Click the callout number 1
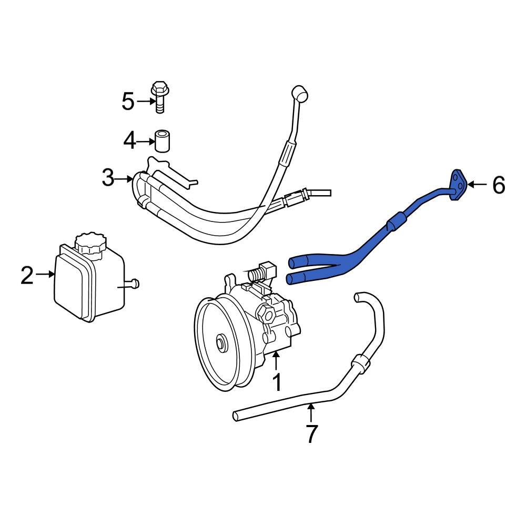tap(277, 382)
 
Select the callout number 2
tap(27, 275)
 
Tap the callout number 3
tap(108, 179)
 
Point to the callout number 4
tap(129, 140)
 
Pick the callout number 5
tap(128, 101)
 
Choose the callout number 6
tap(498, 185)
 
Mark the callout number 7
tap(311, 434)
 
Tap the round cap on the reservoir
tap(90, 244)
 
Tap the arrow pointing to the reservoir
tap(46, 274)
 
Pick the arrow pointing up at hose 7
tap(311, 412)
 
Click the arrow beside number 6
tap(477, 184)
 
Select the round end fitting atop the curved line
tap(301, 95)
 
